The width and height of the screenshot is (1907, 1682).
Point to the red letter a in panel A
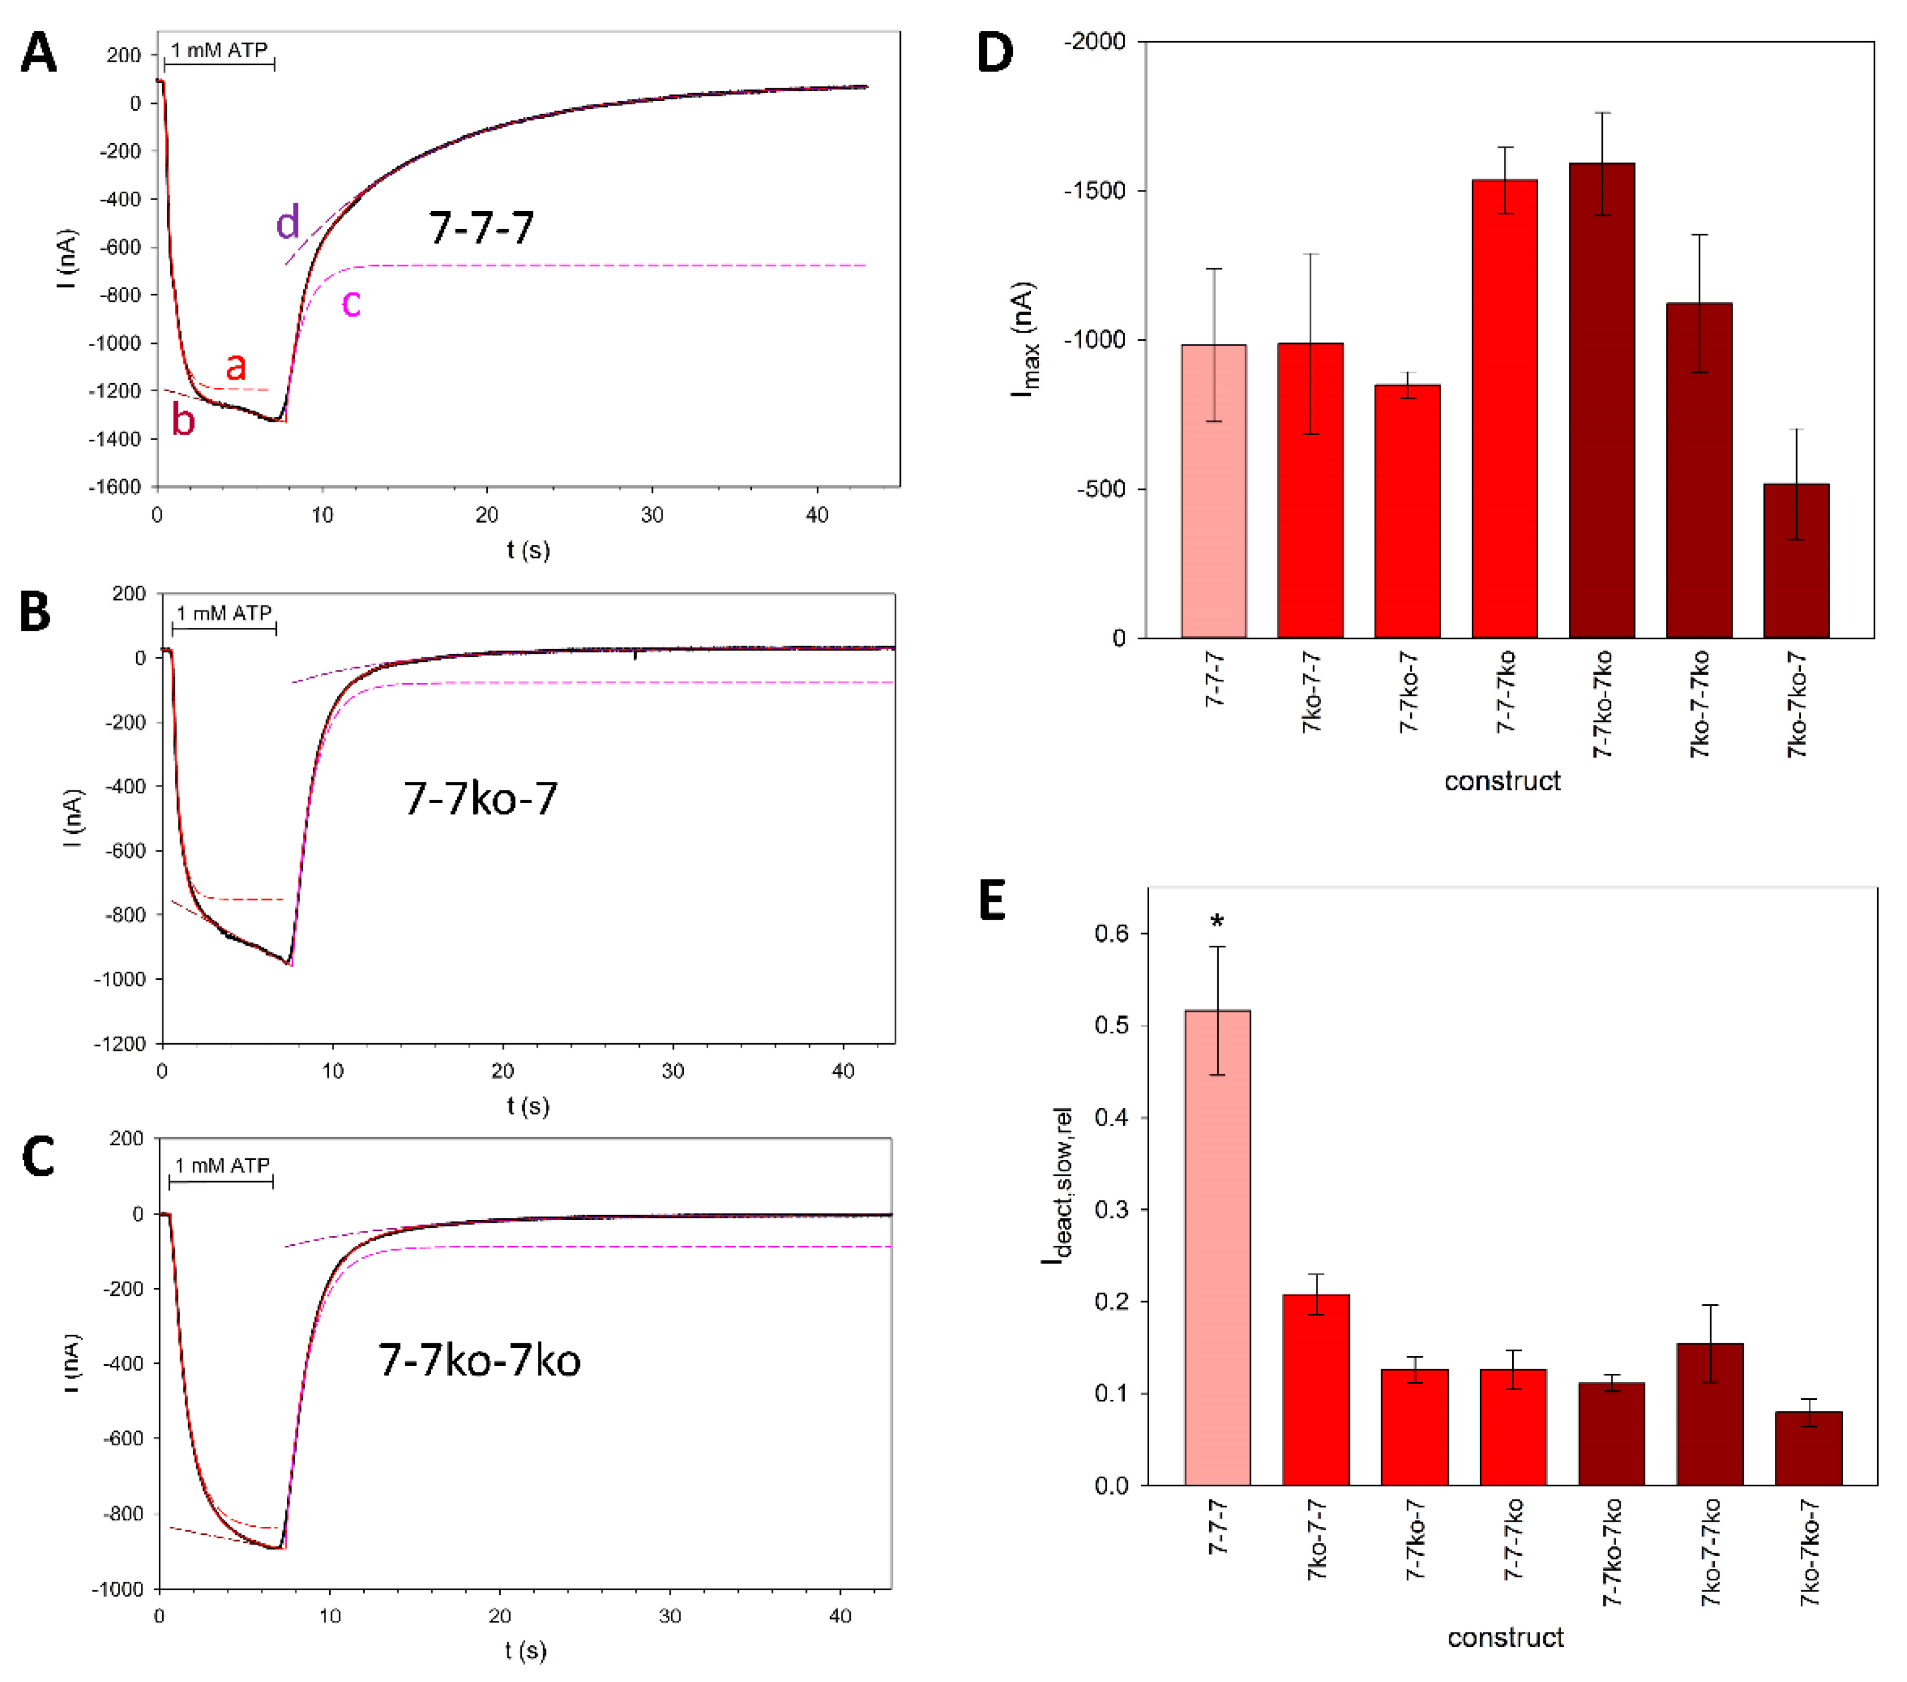click(x=236, y=366)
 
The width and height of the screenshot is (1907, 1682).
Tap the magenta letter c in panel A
click(x=351, y=302)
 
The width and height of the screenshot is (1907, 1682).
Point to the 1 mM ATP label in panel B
click(x=224, y=613)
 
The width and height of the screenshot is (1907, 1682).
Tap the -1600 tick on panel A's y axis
click(x=115, y=487)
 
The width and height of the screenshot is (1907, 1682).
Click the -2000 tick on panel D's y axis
click(x=1094, y=42)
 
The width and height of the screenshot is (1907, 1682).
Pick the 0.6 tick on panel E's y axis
click(x=1111, y=934)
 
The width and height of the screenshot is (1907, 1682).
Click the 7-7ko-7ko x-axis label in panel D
click(x=1602, y=705)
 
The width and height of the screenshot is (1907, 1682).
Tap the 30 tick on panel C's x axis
click(x=670, y=1615)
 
